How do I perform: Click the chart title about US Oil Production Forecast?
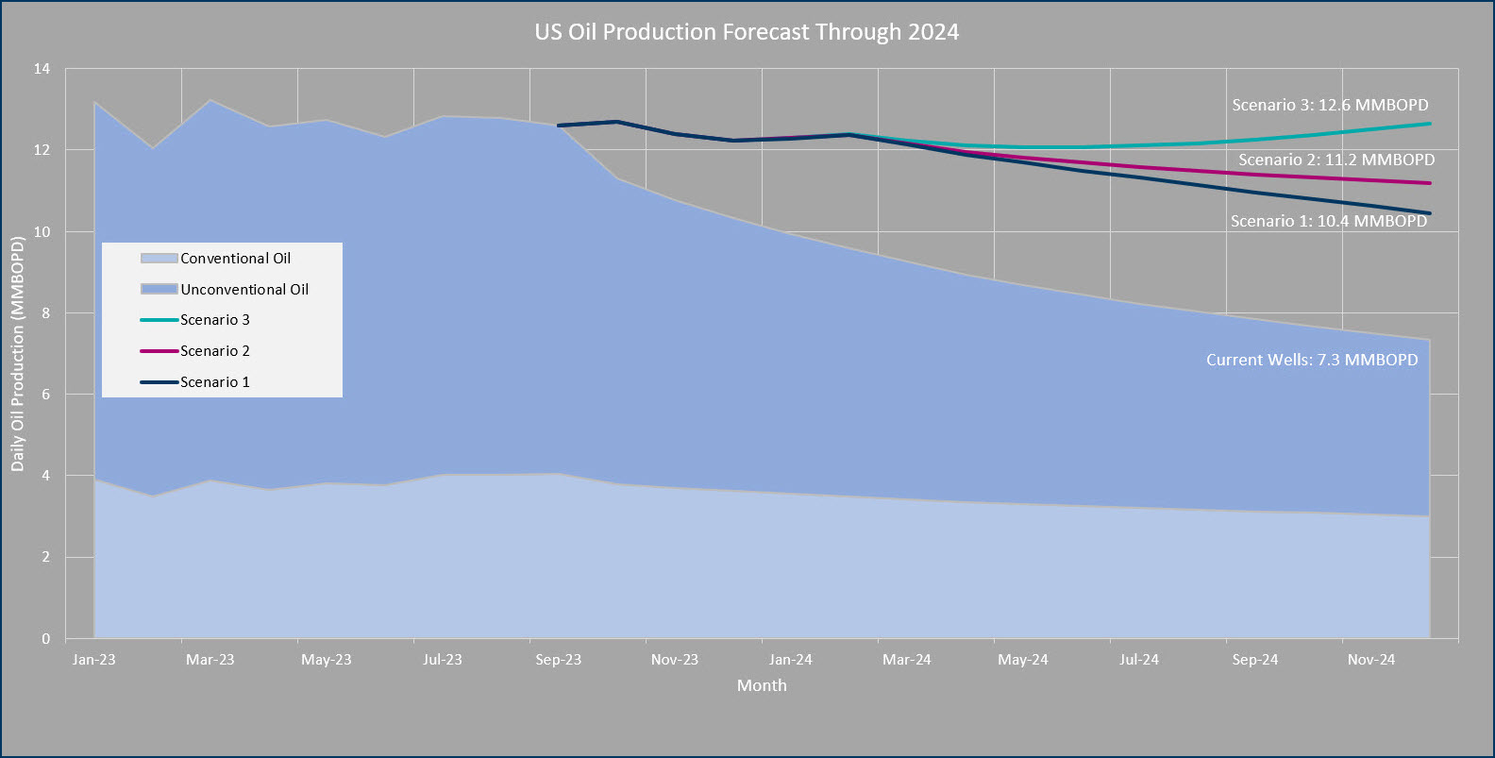click(x=747, y=32)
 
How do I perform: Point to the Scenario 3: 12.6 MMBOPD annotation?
click(x=1330, y=105)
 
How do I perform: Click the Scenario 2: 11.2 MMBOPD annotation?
click(x=1336, y=160)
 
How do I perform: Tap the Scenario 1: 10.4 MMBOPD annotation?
click(x=1329, y=221)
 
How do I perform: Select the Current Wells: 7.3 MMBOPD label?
click(x=1312, y=360)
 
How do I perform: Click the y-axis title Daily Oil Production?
click(x=17, y=354)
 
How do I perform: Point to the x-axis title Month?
click(x=762, y=685)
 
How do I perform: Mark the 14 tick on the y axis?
click(x=42, y=69)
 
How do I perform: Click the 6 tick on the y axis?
click(x=45, y=395)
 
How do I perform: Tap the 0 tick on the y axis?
click(x=45, y=639)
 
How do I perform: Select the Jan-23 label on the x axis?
click(x=94, y=660)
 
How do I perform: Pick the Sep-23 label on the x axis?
click(x=559, y=660)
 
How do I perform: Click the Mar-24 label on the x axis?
click(x=907, y=660)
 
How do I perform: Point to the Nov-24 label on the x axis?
click(x=1371, y=660)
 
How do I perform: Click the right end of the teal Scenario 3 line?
click(x=1429, y=124)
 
